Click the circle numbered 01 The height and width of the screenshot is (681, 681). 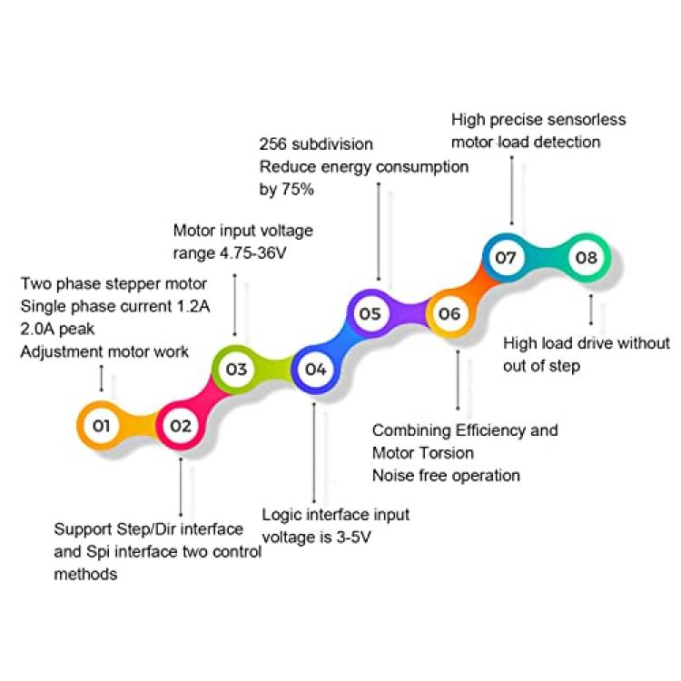[101, 426]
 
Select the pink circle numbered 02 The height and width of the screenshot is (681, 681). [181, 426]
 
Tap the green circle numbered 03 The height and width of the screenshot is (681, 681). [236, 370]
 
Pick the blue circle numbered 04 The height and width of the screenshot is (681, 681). [315, 370]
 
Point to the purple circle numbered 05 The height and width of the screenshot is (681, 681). [370, 313]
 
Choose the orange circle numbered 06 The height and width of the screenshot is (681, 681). [449, 313]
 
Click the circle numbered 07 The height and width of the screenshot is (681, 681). [506, 258]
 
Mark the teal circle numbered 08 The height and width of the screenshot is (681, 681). [586, 258]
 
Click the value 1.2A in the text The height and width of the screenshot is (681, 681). [193, 306]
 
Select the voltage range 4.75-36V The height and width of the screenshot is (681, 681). [253, 252]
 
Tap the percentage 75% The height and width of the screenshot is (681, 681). [298, 189]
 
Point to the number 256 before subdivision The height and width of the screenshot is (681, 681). [273, 143]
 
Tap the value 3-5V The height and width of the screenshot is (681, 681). [353, 538]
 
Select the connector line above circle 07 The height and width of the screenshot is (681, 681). [511, 191]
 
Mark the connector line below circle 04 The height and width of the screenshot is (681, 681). [314, 453]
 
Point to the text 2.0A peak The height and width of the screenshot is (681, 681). [57, 329]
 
